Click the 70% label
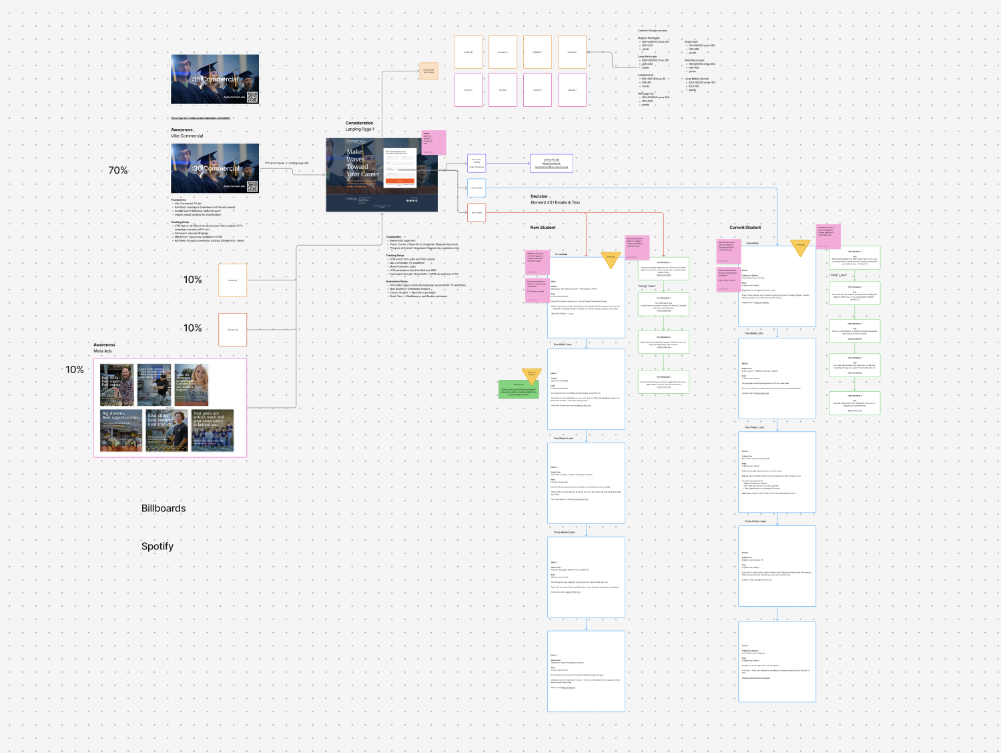point(118,170)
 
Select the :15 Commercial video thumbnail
point(215,79)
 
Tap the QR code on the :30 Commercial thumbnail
point(252,186)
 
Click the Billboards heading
point(163,509)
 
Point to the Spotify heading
point(157,546)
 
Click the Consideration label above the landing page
point(359,123)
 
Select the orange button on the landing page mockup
point(400,181)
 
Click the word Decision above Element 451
point(539,196)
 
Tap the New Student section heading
point(543,228)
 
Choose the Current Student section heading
point(745,228)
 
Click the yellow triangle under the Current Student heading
point(800,247)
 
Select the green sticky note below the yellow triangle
point(519,389)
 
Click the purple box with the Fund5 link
point(551,164)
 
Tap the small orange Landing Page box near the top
point(428,71)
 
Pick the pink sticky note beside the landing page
point(433,142)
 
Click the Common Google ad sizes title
point(652,31)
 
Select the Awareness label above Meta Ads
point(104,345)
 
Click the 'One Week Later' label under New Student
point(563,344)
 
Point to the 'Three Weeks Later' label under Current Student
point(755,521)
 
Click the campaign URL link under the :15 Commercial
point(200,118)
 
